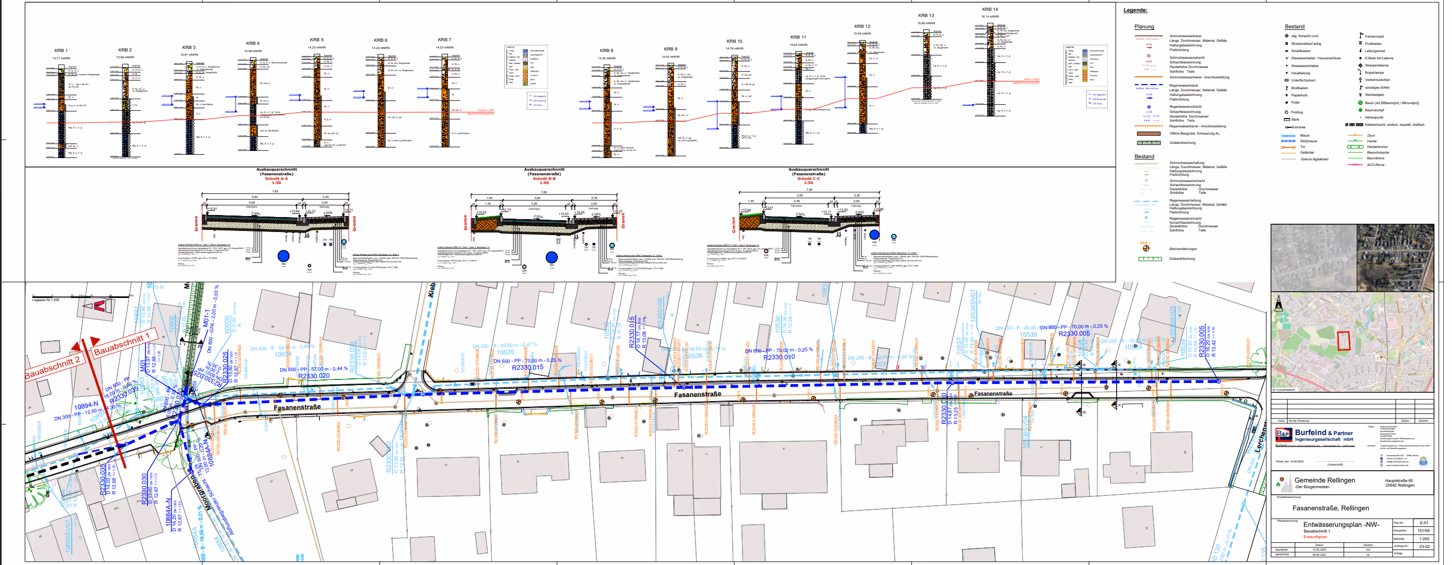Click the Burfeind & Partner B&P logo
click(1283, 434)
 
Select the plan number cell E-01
click(1424, 523)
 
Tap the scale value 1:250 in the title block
click(1424, 539)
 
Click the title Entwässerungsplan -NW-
click(1341, 524)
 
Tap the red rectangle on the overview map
click(1344, 341)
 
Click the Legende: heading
click(1135, 10)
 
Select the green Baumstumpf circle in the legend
click(1360, 110)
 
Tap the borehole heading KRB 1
click(60, 51)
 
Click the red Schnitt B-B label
click(544, 178)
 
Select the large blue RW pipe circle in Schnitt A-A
click(283, 256)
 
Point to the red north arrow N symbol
click(99, 306)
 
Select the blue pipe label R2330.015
click(527, 367)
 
